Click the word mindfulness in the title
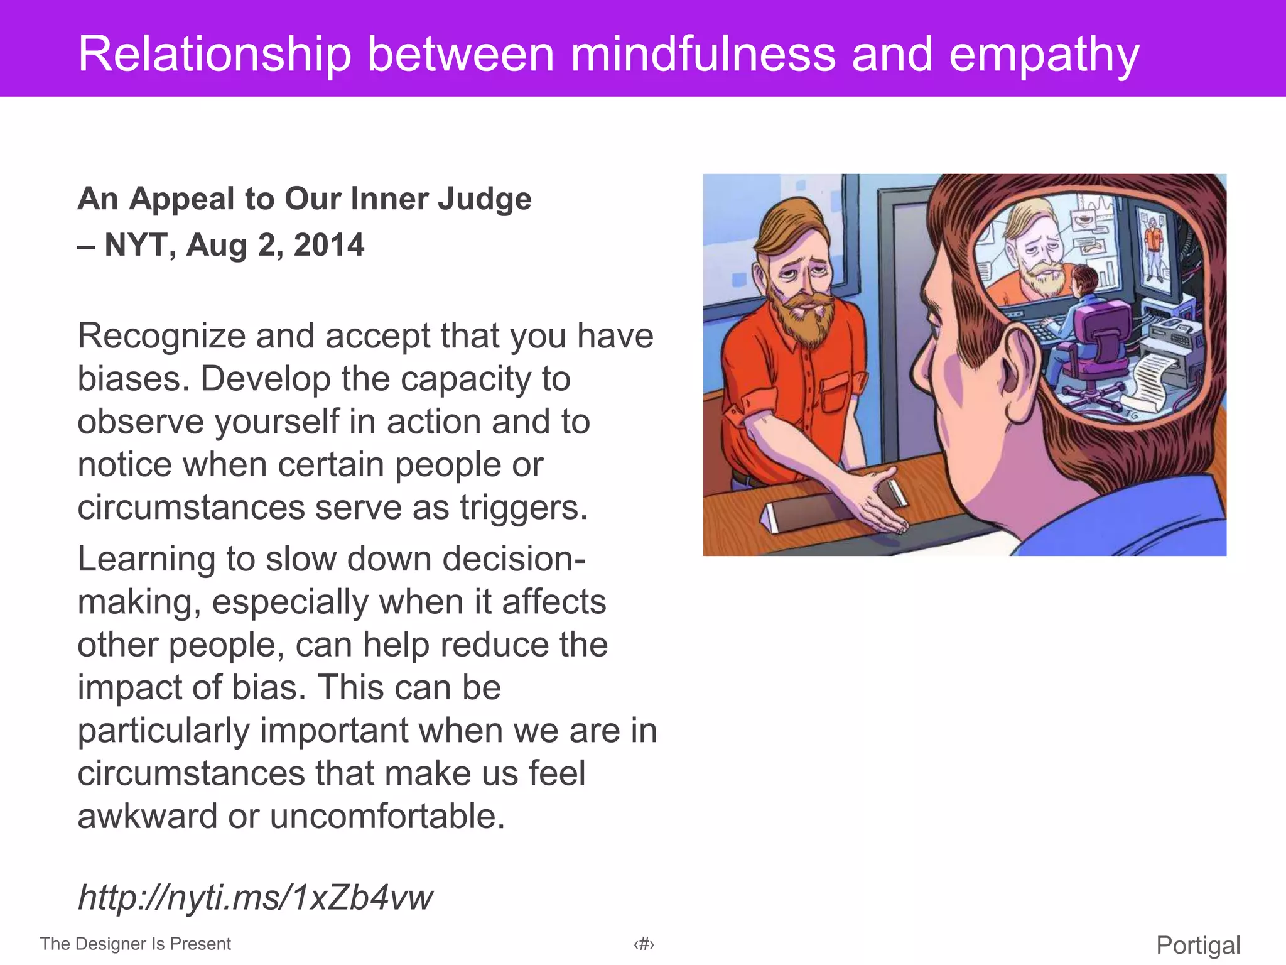click(x=703, y=54)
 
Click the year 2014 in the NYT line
click(x=328, y=244)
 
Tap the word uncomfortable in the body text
click(x=387, y=816)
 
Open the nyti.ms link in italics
click(x=255, y=897)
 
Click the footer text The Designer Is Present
click(x=135, y=944)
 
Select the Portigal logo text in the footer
click(x=1198, y=945)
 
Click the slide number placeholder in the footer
click(x=644, y=944)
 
